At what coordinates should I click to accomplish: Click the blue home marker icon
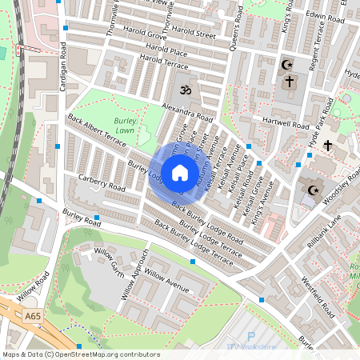click(180, 172)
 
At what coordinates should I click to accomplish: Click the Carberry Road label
click(102, 182)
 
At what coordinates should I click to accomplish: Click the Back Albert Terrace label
click(98, 133)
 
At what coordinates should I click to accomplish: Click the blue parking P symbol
click(251, 337)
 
